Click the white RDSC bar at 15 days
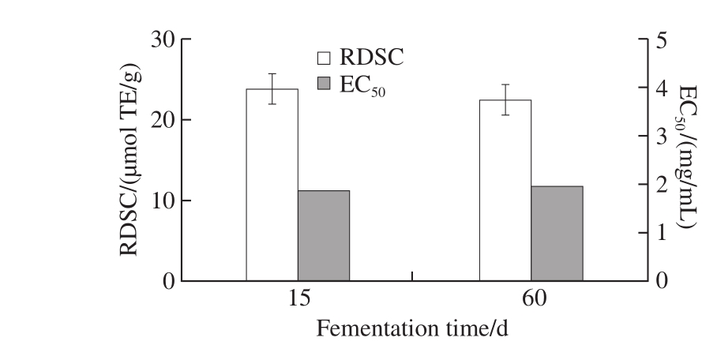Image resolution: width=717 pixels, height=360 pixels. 272,185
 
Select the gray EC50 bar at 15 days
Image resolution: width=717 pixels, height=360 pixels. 323,235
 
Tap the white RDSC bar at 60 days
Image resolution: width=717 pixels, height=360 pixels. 505,190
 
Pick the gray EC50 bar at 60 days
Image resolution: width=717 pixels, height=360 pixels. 557,233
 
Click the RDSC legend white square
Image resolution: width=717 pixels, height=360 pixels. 325,58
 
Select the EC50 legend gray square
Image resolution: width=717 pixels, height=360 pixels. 325,84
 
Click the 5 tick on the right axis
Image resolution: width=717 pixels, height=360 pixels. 663,39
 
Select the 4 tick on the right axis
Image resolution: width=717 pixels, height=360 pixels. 663,88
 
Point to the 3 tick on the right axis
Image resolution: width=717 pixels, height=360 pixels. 663,136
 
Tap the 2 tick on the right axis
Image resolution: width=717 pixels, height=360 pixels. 663,185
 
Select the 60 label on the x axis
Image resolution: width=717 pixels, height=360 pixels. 531,301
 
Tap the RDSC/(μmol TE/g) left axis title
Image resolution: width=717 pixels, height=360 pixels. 130,162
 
